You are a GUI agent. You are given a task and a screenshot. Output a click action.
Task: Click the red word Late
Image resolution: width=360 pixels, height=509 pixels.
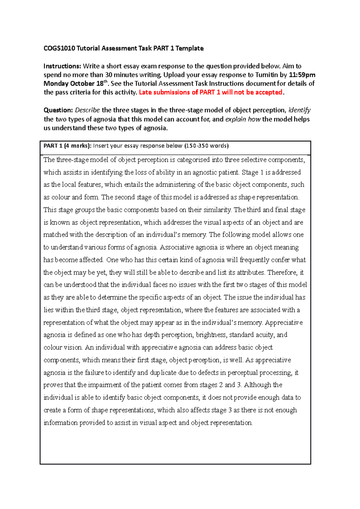tap(145, 92)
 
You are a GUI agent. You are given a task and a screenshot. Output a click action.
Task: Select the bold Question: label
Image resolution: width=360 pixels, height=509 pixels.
tap(58, 110)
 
